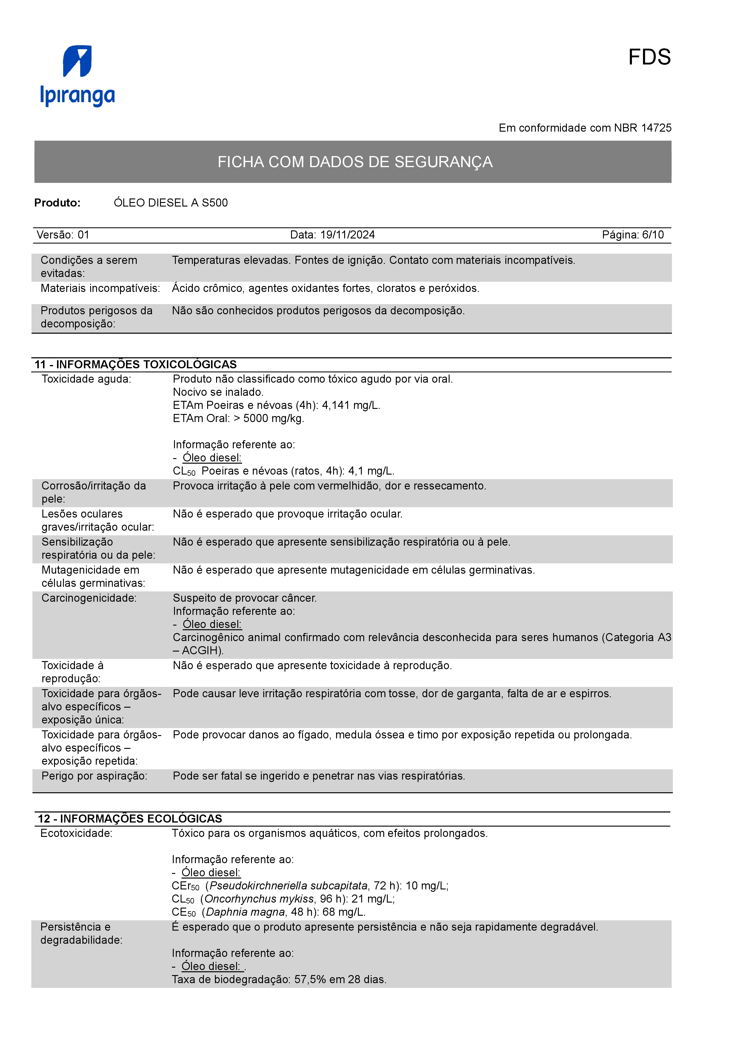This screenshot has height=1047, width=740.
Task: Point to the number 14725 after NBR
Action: (x=656, y=128)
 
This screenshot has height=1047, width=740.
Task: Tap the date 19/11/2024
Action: (x=347, y=235)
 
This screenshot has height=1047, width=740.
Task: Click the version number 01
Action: (x=84, y=235)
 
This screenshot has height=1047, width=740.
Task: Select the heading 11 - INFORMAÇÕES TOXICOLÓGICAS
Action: (x=136, y=364)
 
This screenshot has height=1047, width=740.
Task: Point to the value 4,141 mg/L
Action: (x=351, y=405)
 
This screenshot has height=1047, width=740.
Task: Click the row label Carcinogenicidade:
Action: (x=89, y=598)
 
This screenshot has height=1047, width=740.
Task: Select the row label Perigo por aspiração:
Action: (x=94, y=776)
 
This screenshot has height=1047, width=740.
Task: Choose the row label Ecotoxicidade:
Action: (x=76, y=834)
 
